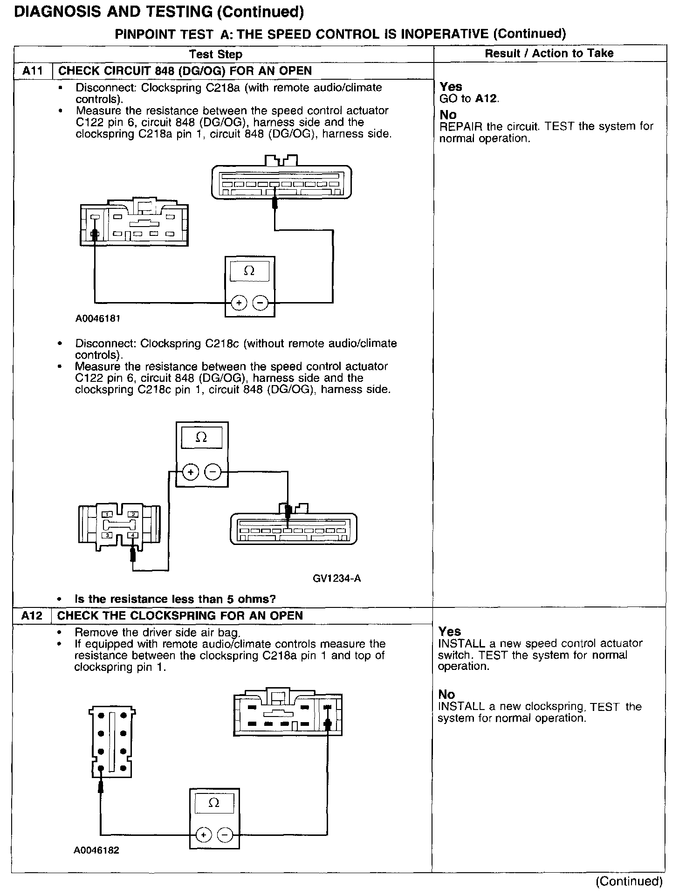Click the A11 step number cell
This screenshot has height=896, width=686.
click(33, 71)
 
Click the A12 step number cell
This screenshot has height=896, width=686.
click(32, 615)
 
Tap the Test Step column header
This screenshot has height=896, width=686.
click(216, 54)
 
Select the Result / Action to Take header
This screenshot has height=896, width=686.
click(549, 53)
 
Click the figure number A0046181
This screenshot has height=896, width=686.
click(98, 319)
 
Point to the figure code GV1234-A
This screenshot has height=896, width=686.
click(336, 579)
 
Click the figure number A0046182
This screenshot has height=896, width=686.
click(96, 850)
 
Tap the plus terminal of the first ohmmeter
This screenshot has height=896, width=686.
click(239, 303)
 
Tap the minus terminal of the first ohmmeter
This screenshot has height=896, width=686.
click(260, 303)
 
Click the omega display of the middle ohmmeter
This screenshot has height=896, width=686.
click(202, 437)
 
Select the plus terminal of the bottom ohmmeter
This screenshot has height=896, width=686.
click(203, 834)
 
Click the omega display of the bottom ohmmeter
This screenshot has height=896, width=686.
click(214, 803)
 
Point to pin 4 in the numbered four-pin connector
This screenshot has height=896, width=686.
click(133, 535)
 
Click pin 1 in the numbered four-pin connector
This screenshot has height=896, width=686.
click(108, 514)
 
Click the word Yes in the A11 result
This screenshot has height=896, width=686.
click(451, 87)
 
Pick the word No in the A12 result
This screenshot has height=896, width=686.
click(446, 695)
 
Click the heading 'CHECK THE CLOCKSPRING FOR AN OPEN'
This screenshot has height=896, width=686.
click(180, 615)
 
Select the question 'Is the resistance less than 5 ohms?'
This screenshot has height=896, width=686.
click(175, 599)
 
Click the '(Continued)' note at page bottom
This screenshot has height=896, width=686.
click(629, 881)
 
